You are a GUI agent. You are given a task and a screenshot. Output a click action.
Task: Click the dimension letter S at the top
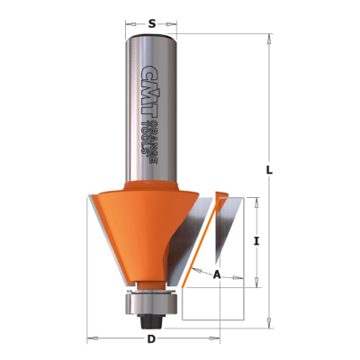click(152, 23)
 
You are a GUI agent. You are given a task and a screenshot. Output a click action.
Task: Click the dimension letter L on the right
click(269, 171)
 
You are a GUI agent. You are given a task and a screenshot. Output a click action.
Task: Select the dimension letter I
click(256, 241)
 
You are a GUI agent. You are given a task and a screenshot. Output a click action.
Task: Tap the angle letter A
click(217, 274)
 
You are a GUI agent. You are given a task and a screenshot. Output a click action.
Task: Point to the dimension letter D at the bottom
click(152, 339)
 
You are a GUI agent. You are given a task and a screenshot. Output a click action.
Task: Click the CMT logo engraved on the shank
click(147, 92)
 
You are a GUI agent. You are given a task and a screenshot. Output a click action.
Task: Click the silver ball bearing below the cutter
click(150, 304)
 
